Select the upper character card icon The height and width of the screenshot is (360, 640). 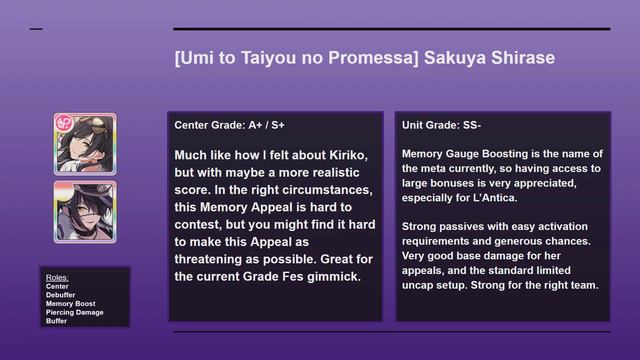[85, 143]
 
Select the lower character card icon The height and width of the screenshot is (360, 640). [85, 211]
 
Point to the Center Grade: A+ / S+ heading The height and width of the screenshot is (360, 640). [229, 125]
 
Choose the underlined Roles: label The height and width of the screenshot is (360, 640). [58, 277]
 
